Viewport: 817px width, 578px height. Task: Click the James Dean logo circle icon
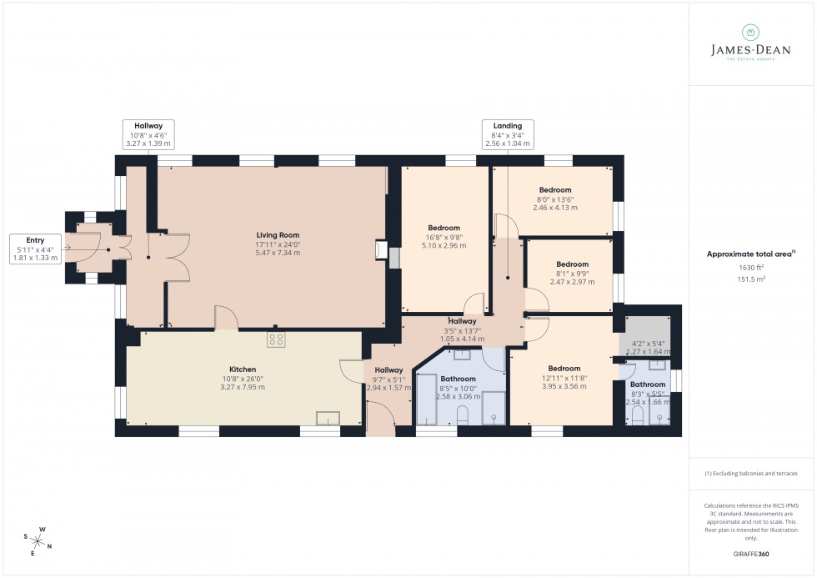pos(750,33)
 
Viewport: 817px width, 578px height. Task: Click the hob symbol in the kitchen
pos(277,339)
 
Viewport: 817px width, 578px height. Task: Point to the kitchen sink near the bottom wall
pos(328,419)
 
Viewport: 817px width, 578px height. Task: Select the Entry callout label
pos(35,249)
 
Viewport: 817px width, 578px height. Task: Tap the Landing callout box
pos(508,133)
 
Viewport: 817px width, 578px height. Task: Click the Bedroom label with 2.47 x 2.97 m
pos(572,274)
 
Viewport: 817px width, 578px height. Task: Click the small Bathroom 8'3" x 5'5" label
pos(648,393)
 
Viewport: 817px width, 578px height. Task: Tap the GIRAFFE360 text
pos(752,553)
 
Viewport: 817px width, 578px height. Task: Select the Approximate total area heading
pos(750,254)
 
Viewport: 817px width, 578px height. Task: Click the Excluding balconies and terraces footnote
pos(750,473)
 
